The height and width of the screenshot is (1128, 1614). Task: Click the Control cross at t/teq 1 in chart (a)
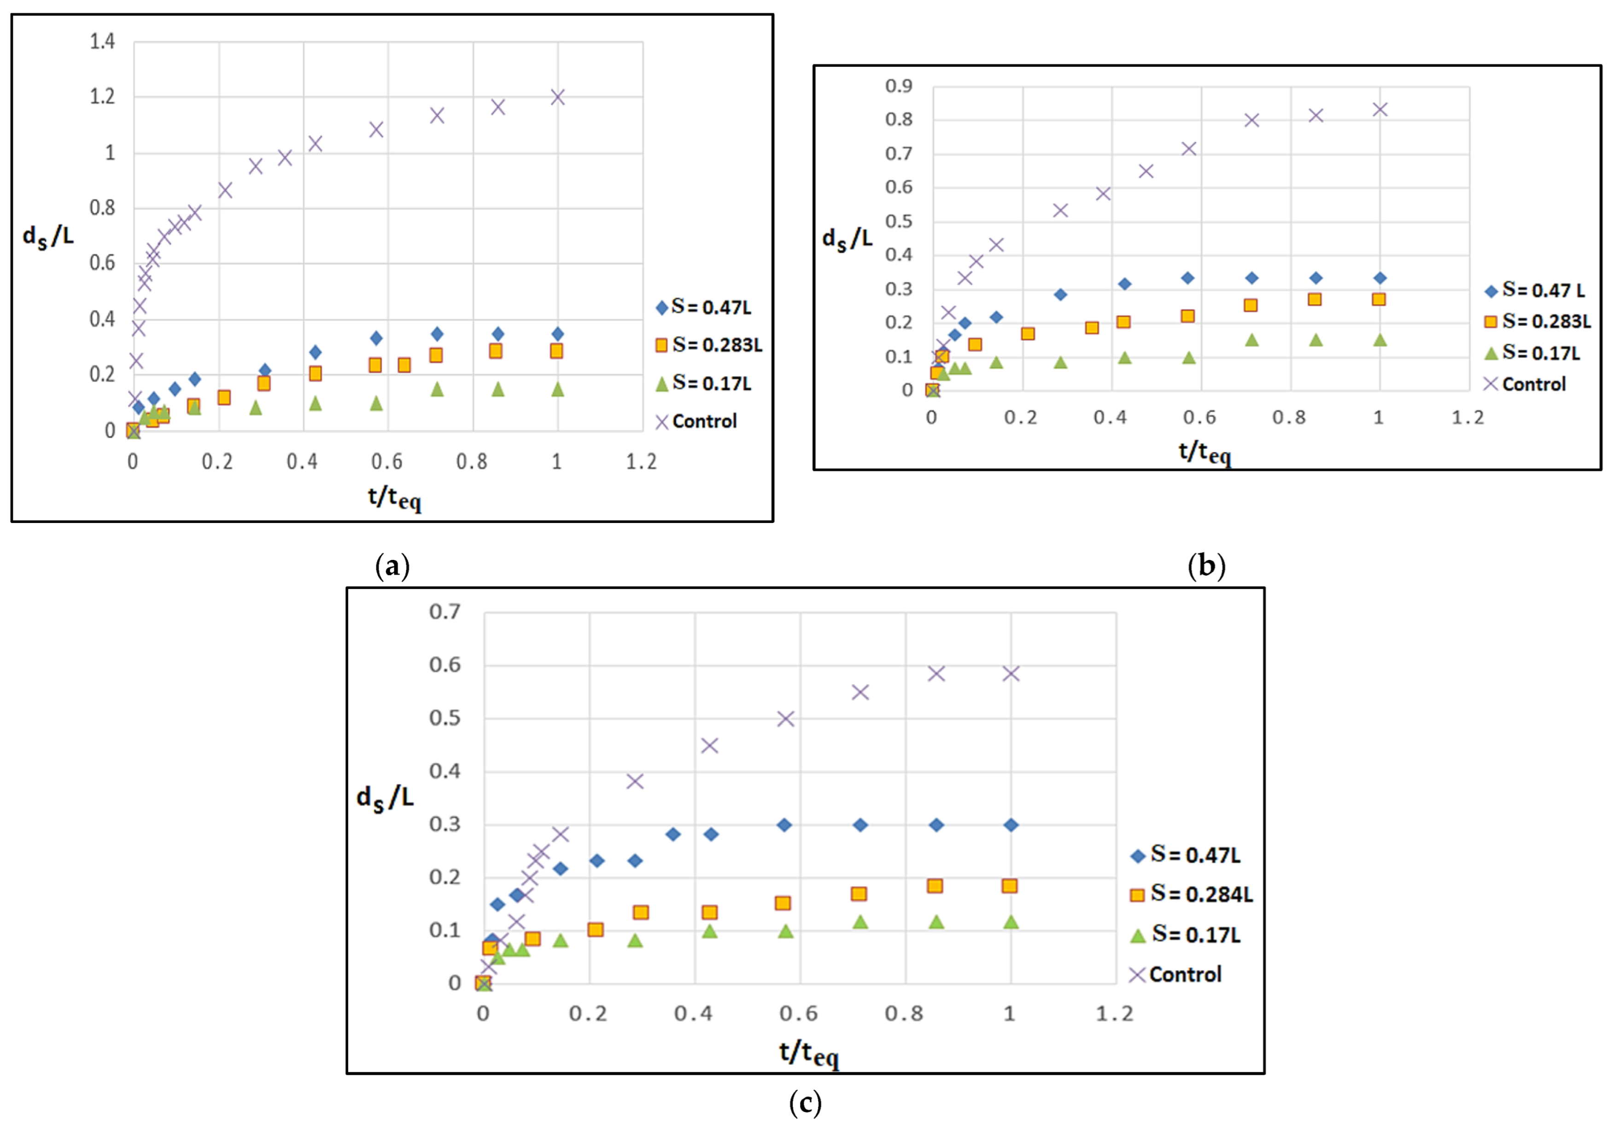(557, 97)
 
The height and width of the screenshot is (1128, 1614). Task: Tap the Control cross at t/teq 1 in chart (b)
(1379, 110)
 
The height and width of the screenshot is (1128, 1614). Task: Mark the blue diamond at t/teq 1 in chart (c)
(1010, 825)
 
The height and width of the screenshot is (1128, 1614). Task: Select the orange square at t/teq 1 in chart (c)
(1010, 885)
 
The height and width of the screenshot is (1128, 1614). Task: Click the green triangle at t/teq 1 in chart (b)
(1379, 340)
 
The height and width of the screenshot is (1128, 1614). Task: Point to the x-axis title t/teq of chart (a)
(394, 498)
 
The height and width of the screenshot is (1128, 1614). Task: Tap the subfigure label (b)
(1205, 565)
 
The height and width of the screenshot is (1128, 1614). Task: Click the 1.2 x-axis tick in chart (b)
(1468, 418)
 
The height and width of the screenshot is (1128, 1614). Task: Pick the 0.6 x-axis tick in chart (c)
(799, 1013)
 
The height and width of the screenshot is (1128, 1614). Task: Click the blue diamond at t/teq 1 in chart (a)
(557, 334)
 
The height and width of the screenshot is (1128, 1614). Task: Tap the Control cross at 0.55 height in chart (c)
(860, 692)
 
